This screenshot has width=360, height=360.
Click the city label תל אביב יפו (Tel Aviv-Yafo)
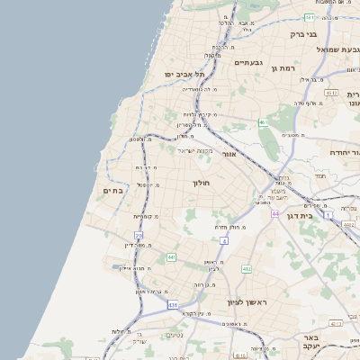[x=185, y=74]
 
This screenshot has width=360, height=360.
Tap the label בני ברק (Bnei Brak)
[x=304, y=34]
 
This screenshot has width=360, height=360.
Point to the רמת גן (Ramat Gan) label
[x=283, y=68]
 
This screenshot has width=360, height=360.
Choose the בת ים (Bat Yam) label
[x=113, y=190]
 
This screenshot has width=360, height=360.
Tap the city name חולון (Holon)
[x=200, y=183]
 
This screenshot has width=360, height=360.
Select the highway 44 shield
[x=274, y=213]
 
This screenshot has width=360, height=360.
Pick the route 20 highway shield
[x=139, y=235]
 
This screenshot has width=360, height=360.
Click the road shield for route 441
[x=170, y=257]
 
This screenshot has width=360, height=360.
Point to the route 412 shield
[x=247, y=268]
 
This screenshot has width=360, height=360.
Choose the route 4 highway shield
[x=223, y=241]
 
